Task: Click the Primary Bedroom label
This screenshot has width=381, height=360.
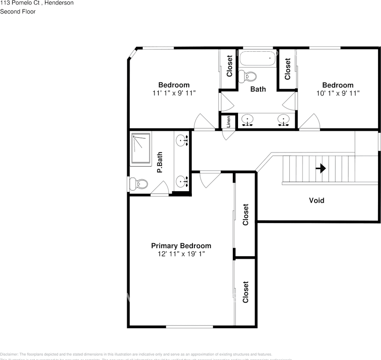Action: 181,246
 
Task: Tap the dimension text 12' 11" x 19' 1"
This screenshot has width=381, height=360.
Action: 181,254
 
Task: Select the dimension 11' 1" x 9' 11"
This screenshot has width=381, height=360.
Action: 174,93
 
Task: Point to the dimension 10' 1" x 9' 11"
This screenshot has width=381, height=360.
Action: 337,93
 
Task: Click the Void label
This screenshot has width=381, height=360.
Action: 316,200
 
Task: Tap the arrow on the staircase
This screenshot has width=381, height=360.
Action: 321,169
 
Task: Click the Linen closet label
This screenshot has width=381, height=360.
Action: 228,122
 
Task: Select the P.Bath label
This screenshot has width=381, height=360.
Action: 160,162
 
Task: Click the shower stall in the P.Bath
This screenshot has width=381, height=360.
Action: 141,148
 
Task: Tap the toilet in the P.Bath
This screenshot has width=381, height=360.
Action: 139,184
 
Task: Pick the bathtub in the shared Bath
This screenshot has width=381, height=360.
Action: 258,58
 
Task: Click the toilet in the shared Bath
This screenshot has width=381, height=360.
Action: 248,76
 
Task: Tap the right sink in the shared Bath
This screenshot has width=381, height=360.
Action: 283,120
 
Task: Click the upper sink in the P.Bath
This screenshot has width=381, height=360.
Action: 182,141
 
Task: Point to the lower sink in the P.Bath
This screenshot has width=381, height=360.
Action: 182,181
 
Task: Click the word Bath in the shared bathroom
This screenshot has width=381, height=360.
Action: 258,89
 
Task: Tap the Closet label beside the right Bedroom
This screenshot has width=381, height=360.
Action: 288,69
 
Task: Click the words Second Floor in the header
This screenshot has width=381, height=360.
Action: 18,12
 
